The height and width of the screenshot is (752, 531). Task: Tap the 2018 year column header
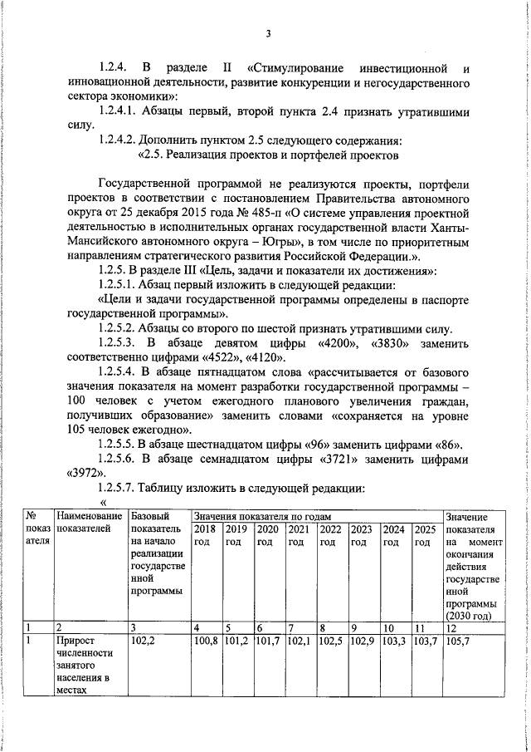[205, 529]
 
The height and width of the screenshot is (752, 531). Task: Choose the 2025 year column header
[425, 529]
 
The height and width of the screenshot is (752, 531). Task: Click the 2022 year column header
[330, 529]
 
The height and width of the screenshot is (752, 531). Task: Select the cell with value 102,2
[144, 641]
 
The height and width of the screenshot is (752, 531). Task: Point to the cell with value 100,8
[206, 641]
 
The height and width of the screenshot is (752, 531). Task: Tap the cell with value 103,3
[394, 641]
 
